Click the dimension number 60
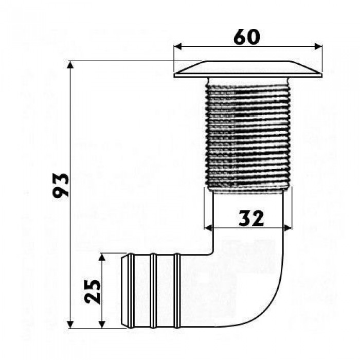pyautogui.click(x=247, y=37)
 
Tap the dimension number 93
pyautogui.click(x=61, y=186)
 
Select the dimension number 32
pyautogui.click(x=251, y=218)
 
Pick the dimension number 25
pyautogui.click(x=92, y=292)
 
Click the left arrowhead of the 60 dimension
pyautogui.click(x=178, y=47)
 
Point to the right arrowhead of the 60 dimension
pyautogui.click(x=318, y=47)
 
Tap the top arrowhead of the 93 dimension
pyautogui.click(x=71, y=65)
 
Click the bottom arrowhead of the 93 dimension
pyautogui.click(x=71, y=325)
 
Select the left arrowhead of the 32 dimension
pyautogui.click(x=208, y=228)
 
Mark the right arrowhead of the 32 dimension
pyautogui.click(x=287, y=228)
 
